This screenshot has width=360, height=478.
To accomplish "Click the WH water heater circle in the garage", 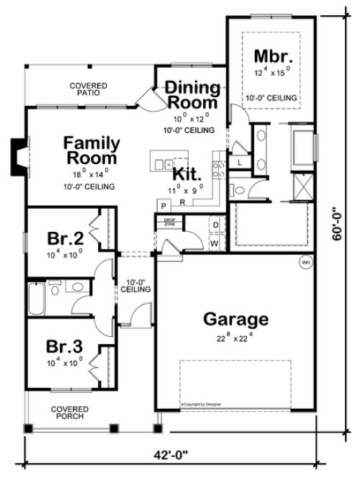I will coord(305,262).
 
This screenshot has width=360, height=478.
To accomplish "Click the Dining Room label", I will coord(192,95).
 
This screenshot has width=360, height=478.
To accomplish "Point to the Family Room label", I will coord(91,148).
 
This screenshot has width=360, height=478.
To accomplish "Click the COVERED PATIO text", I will coord(89,89).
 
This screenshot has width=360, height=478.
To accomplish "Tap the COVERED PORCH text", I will coord(69,412).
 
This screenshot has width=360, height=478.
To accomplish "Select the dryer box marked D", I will coord(215,225).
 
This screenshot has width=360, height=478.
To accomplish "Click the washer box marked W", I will coord(215,243).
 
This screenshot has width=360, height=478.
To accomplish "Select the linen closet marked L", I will coord(239,163).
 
